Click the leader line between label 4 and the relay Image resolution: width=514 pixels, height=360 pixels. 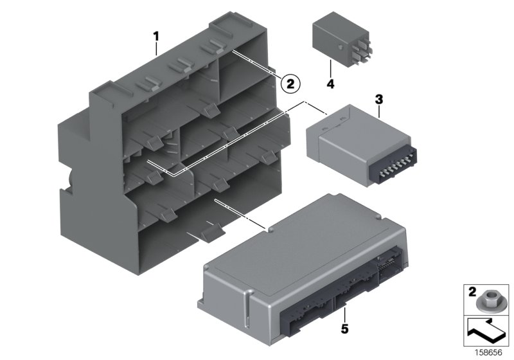[x=330, y=67]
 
